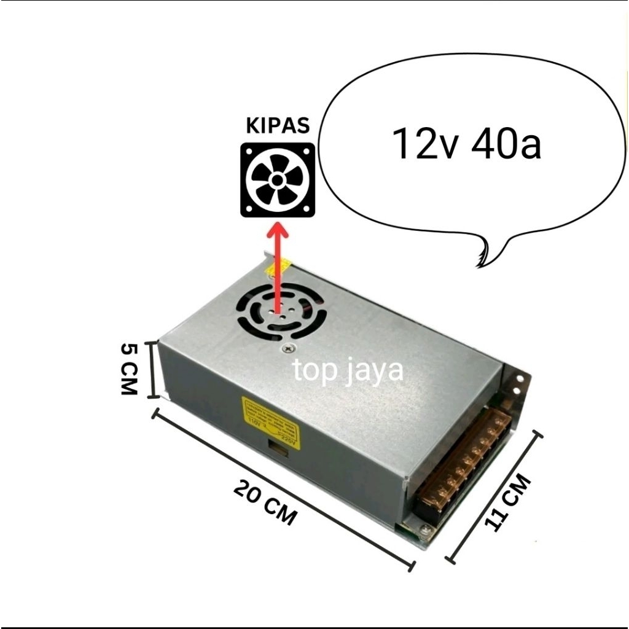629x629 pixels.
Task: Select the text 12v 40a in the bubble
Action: pyautogui.click(x=467, y=144)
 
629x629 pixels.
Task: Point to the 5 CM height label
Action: pyautogui.click(x=128, y=369)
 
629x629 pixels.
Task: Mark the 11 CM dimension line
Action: pyautogui.click(x=496, y=496)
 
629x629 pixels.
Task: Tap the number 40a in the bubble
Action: pyautogui.click(x=506, y=145)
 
